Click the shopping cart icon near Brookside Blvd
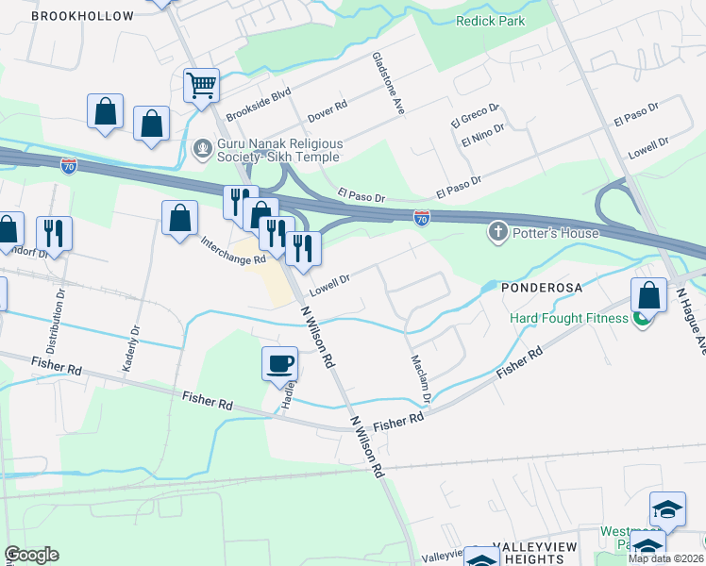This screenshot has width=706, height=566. (x=201, y=86)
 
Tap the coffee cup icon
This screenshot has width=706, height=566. (x=279, y=363)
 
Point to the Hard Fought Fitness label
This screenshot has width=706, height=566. (x=569, y=318)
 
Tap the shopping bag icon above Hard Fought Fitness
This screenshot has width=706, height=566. (x=648, y=295)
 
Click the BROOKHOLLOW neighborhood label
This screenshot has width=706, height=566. (x=74, y=16)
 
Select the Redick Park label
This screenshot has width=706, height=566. (x=491, y=20)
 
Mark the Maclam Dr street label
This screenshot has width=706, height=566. (x=421, y=379)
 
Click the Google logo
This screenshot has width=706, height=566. (x=31, y=555)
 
